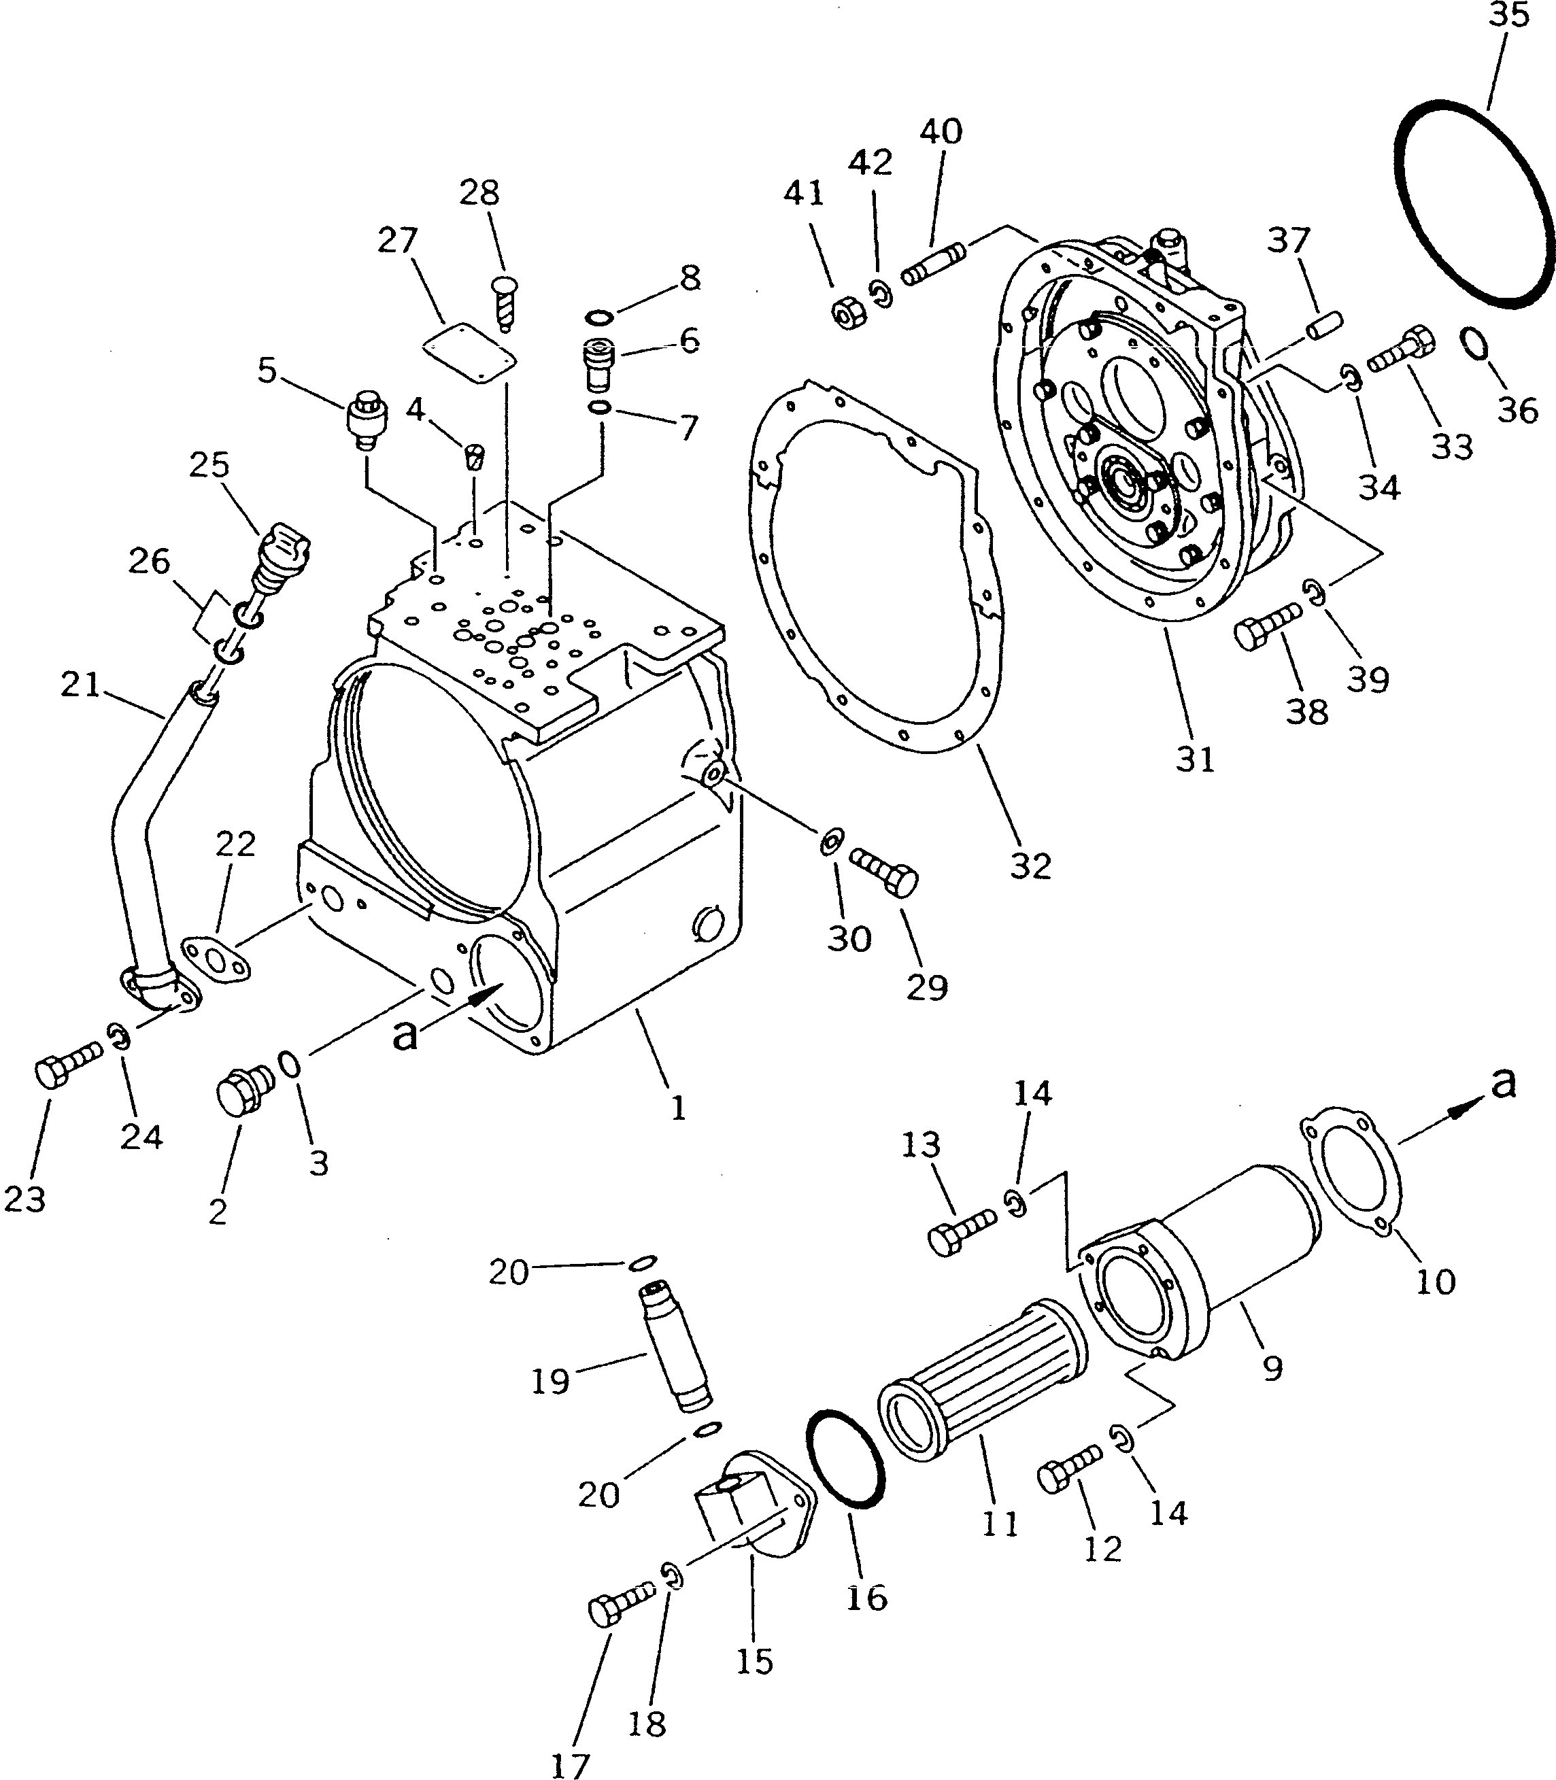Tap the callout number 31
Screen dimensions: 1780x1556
pos(1195,759)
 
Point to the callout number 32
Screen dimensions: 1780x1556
pos(1031,866)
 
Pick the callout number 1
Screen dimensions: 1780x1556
pos(678,1109)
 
